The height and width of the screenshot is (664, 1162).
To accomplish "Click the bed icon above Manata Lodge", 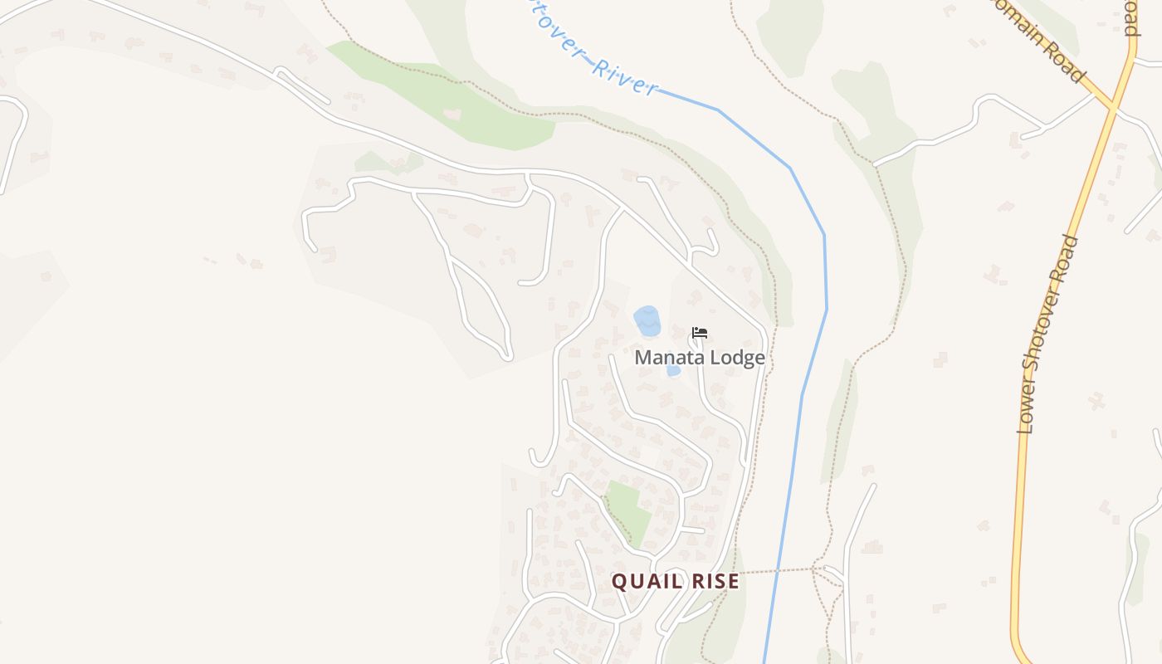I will click(x=700, y=333).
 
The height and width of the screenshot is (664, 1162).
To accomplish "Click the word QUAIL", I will click(x=643, y=581).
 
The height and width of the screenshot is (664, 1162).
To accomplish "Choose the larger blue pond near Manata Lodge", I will click(x=647, y=320).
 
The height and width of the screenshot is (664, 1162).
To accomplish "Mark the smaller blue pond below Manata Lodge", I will click(x=673, y=370).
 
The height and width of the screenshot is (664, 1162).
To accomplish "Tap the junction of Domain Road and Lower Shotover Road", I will click(x=1112, y=107).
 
